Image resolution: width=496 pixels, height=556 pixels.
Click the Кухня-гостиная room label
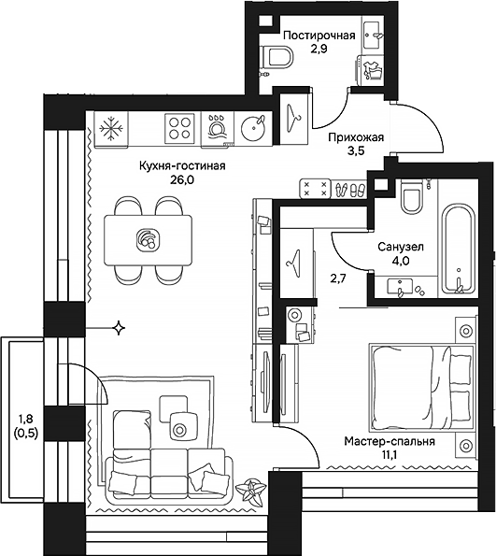click(x=177, y=165)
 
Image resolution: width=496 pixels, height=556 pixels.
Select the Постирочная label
click(x=319, y=36)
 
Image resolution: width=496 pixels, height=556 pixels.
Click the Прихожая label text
click(x=356, y=136)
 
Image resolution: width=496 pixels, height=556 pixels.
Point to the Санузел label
click(x=402, y=248)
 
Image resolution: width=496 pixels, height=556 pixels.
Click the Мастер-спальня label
click(x=389, y=440)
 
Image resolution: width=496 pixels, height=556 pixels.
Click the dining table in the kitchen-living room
click(x=148, y=238)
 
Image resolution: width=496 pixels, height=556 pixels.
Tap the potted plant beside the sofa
click(x=250, y=487)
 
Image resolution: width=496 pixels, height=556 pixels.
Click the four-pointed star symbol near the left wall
click(x=119, y=327)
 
